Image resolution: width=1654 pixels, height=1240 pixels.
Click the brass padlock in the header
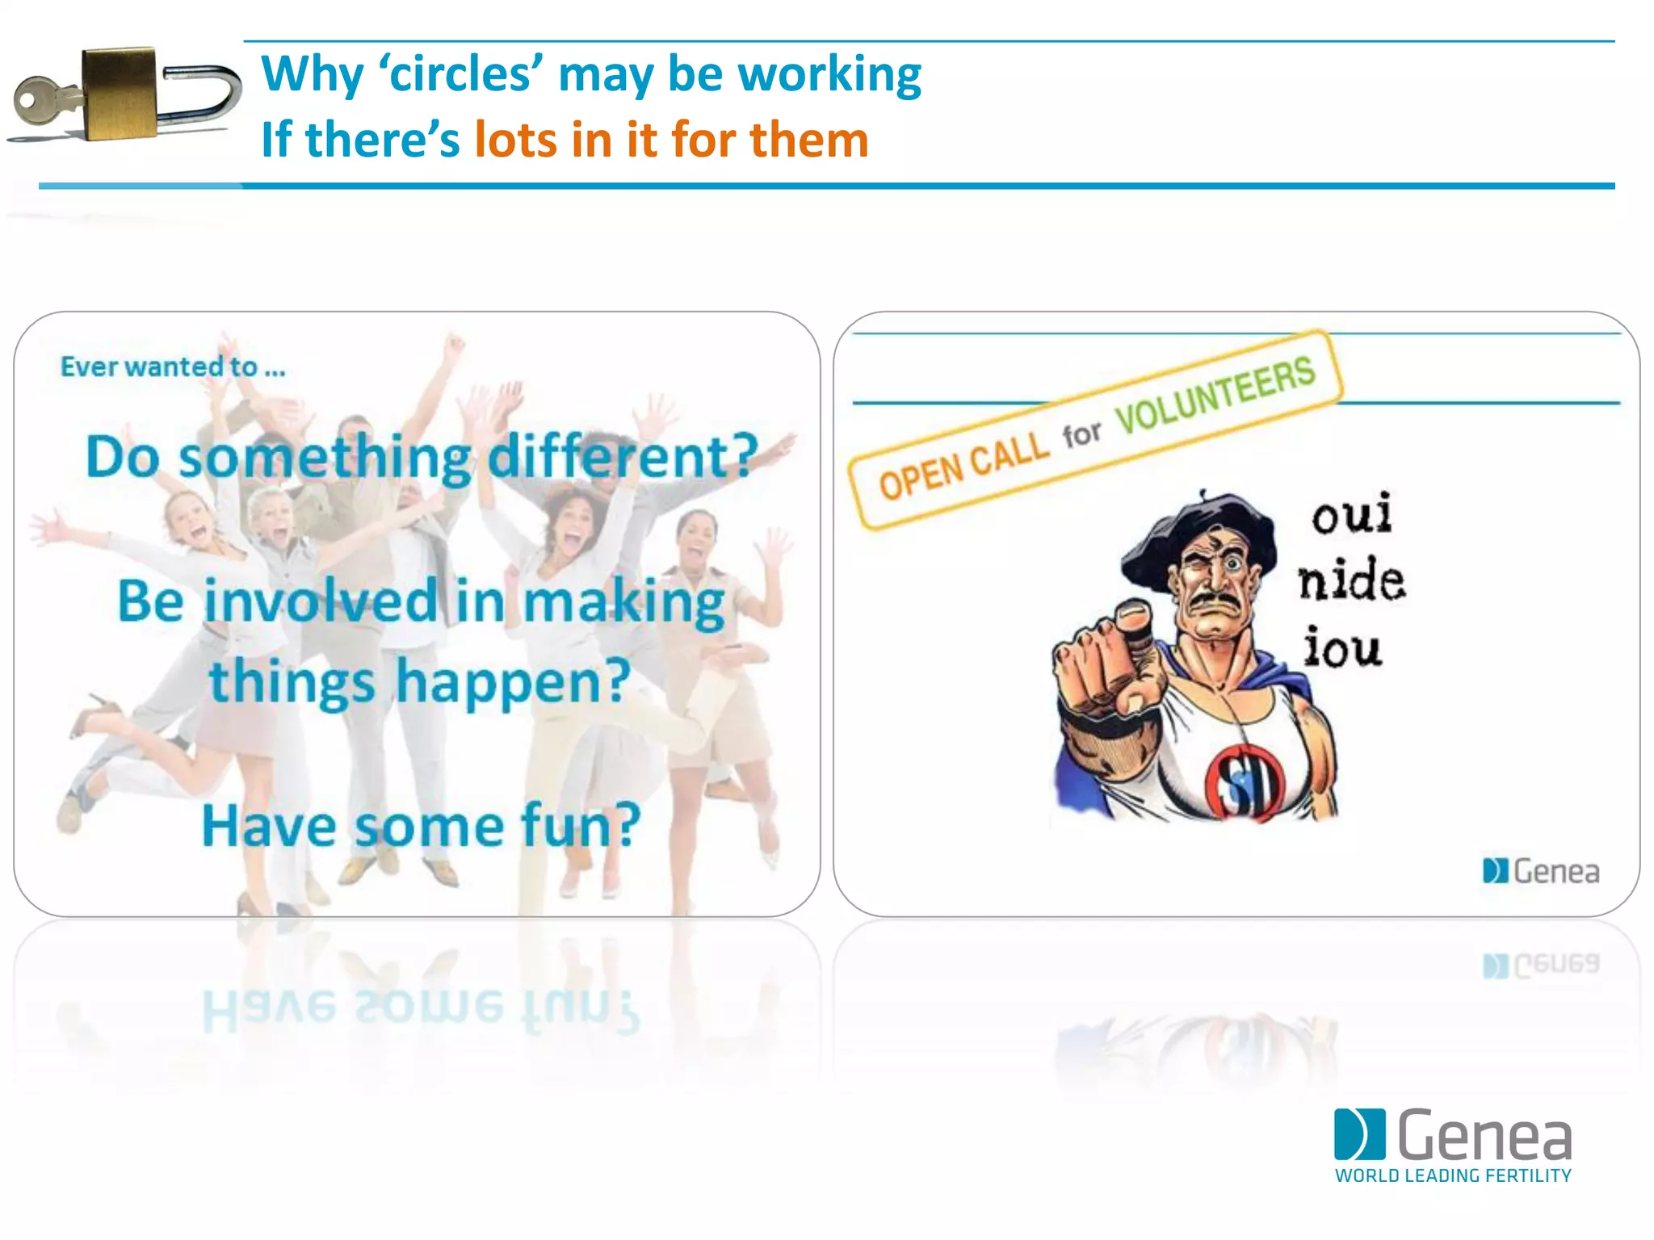coord(120,92)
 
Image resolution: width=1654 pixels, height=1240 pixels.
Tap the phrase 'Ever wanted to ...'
coord(173,367)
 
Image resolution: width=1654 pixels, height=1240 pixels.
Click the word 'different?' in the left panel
coord(623,457)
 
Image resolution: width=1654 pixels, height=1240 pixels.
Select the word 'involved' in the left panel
coord(321,601)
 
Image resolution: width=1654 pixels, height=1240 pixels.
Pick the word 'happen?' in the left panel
coord(513,682)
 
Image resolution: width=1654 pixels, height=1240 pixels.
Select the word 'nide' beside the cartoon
coord(1352,580)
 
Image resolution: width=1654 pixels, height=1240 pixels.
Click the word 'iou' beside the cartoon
coord(1342,648)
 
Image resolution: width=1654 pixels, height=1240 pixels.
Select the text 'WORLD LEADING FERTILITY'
coord(1453,1175)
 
